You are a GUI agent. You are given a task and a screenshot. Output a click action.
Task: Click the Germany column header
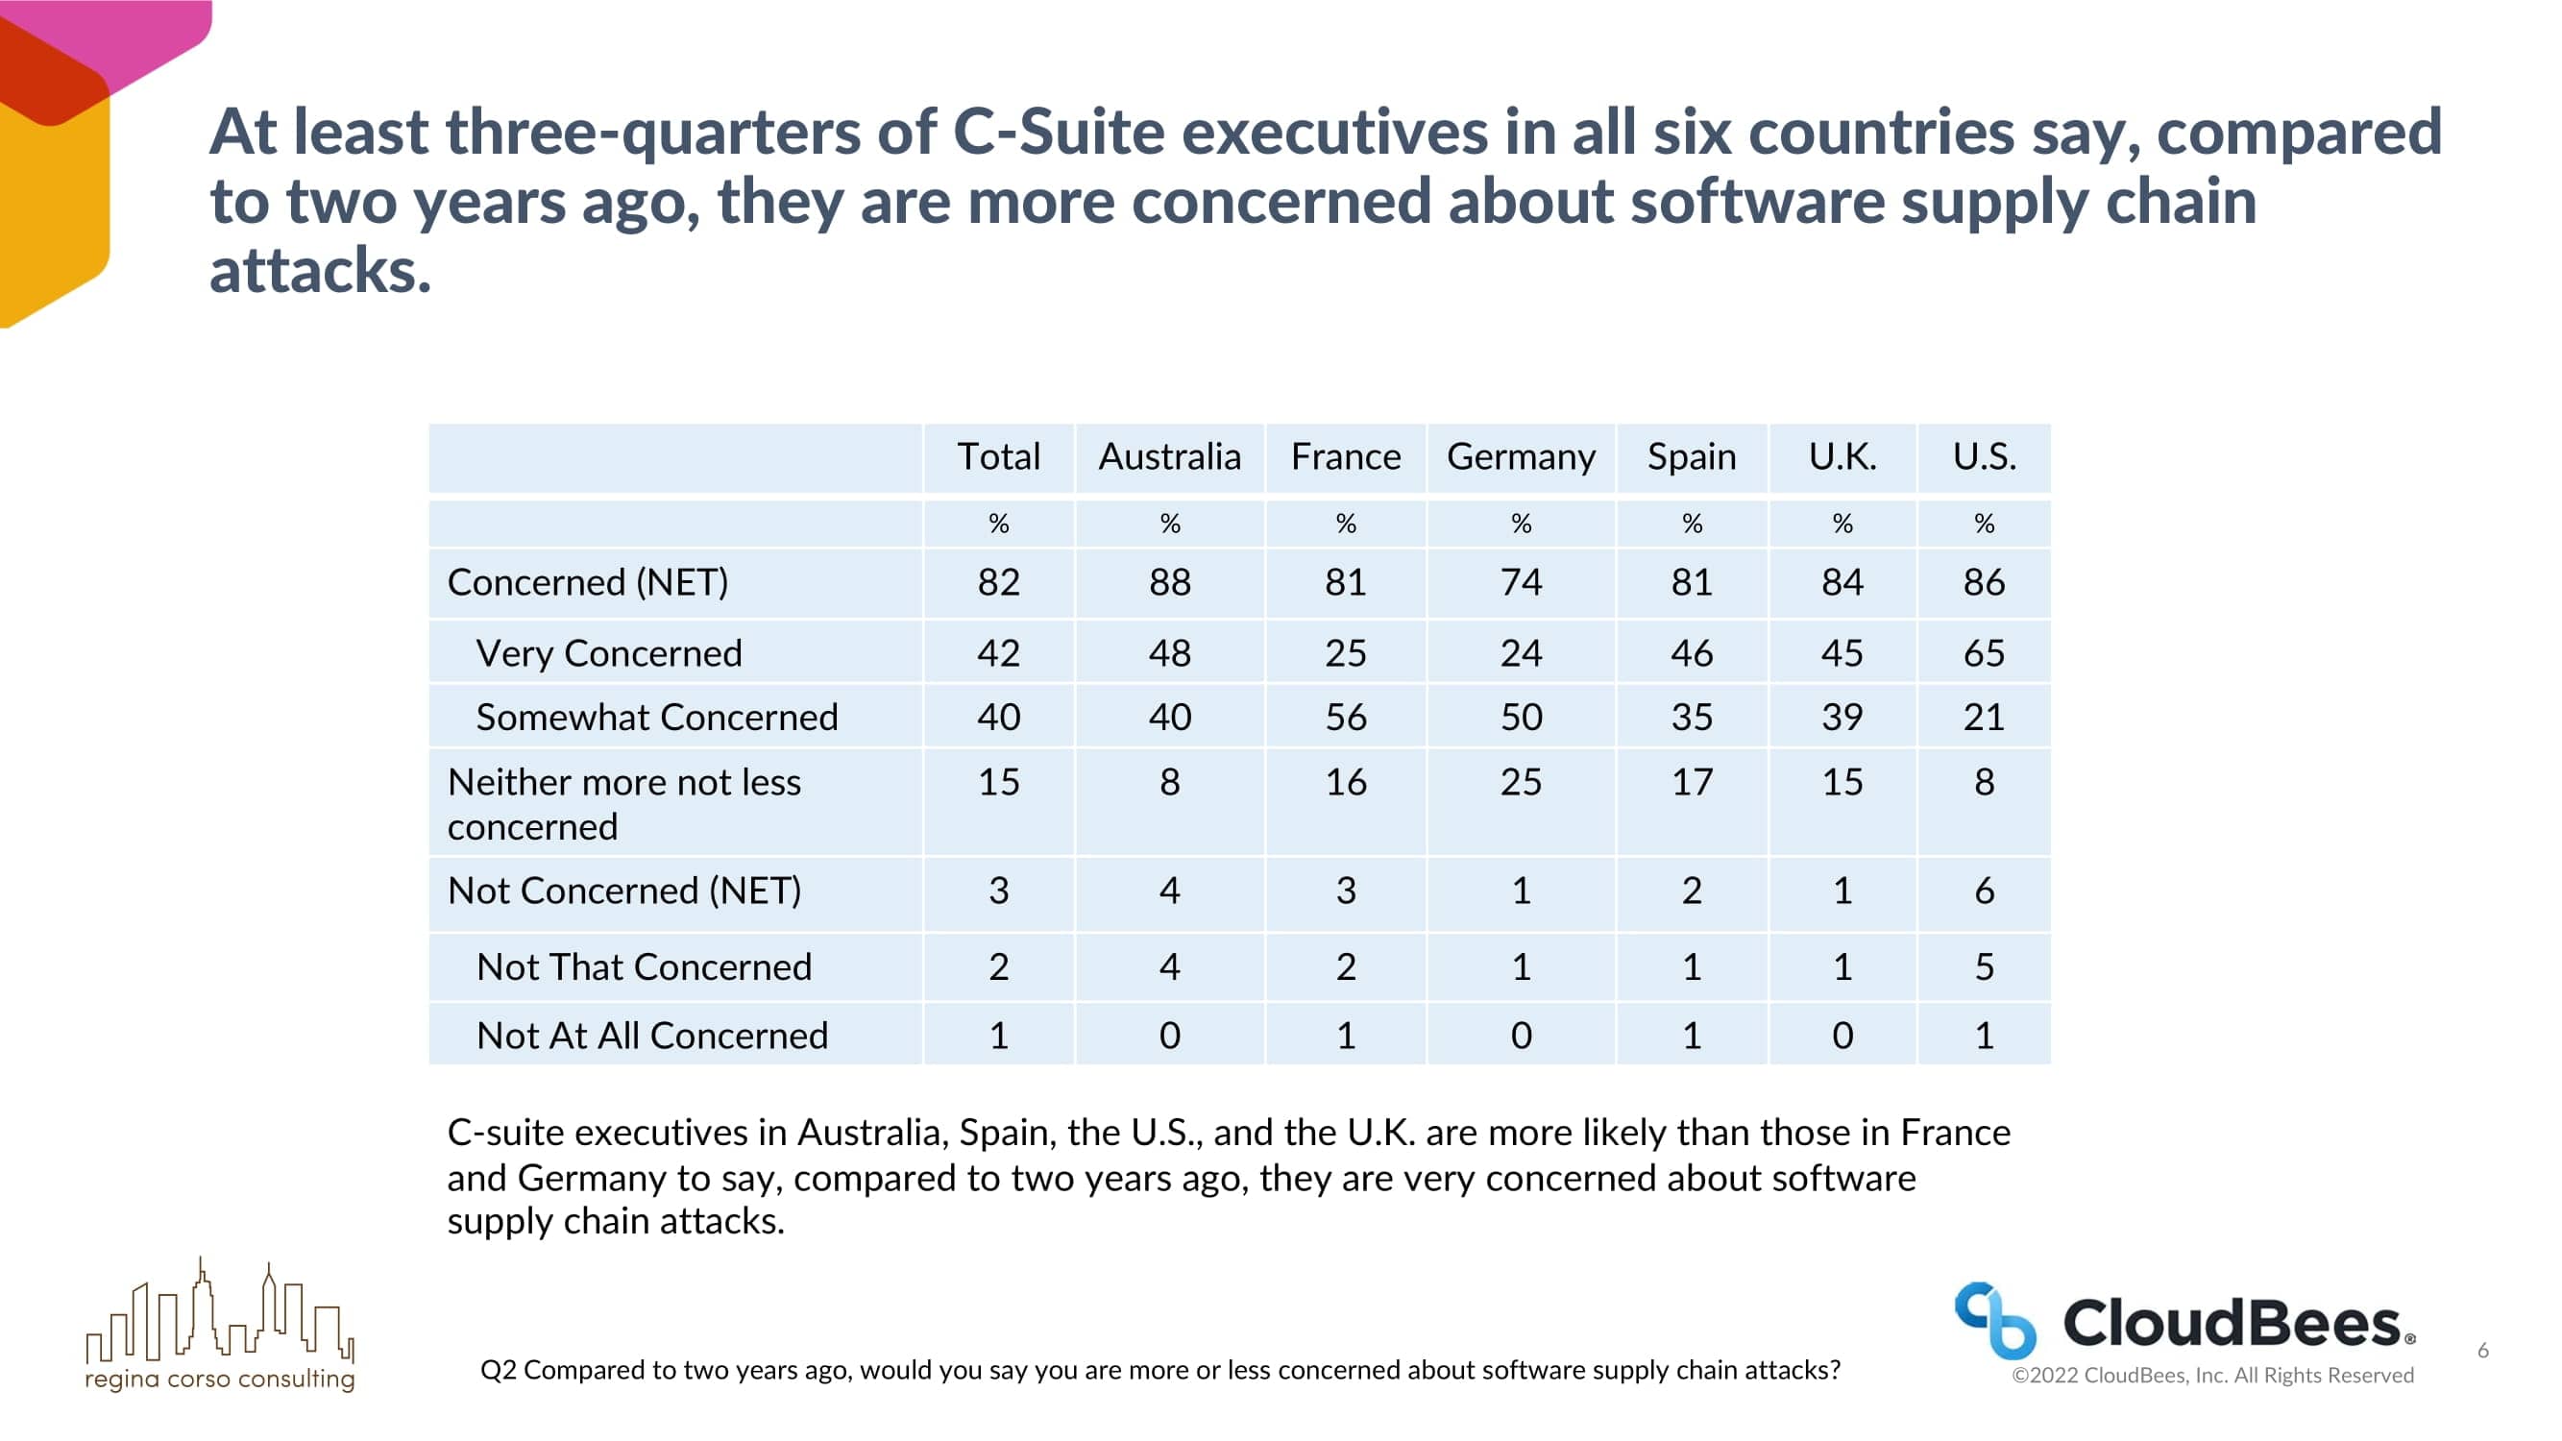(x=1521, y=457)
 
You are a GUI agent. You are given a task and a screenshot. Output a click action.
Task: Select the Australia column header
(x=1170, y=457)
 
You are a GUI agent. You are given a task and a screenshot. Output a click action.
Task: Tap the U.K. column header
(x=1842, y=457)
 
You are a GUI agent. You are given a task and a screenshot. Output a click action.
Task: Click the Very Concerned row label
(x=609, y=653)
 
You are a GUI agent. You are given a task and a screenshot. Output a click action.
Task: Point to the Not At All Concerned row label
(x=651, y=1036)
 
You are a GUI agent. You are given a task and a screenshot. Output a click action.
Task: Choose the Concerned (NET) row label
(x=588, y=583)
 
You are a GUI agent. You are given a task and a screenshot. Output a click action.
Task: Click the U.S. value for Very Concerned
(x=1983, y=653)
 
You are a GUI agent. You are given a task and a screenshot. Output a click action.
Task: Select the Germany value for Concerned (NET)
(x=1521, y=583)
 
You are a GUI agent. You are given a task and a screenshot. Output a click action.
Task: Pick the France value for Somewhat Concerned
(x=1346, y=717)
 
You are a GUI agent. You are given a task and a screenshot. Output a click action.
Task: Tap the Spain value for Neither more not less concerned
(x=1691, y=783)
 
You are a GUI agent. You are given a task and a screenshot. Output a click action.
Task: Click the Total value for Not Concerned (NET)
(x=998, y=891)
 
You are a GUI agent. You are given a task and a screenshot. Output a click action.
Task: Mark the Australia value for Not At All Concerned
(x=1170, y=1036)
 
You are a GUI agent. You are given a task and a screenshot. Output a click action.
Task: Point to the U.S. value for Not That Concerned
(x=1983, y=966)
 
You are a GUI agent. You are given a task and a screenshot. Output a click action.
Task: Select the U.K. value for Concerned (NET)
(x=1842, y=583)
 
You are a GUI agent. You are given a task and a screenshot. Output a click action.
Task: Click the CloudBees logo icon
(x=1994, y=1321)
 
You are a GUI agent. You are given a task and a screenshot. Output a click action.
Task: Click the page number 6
(x=2482, y=1351)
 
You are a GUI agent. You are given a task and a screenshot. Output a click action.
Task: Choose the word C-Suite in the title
(x=1059, y=133)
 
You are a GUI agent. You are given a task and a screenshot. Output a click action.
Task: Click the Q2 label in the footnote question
(x=498, y=1371)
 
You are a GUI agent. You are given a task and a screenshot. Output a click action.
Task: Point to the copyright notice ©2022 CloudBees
(x=2212, y=1376)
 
